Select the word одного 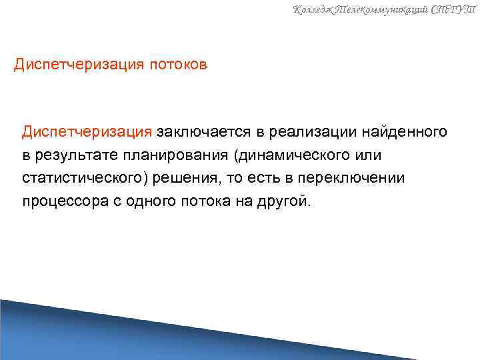[x=148, y=202]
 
